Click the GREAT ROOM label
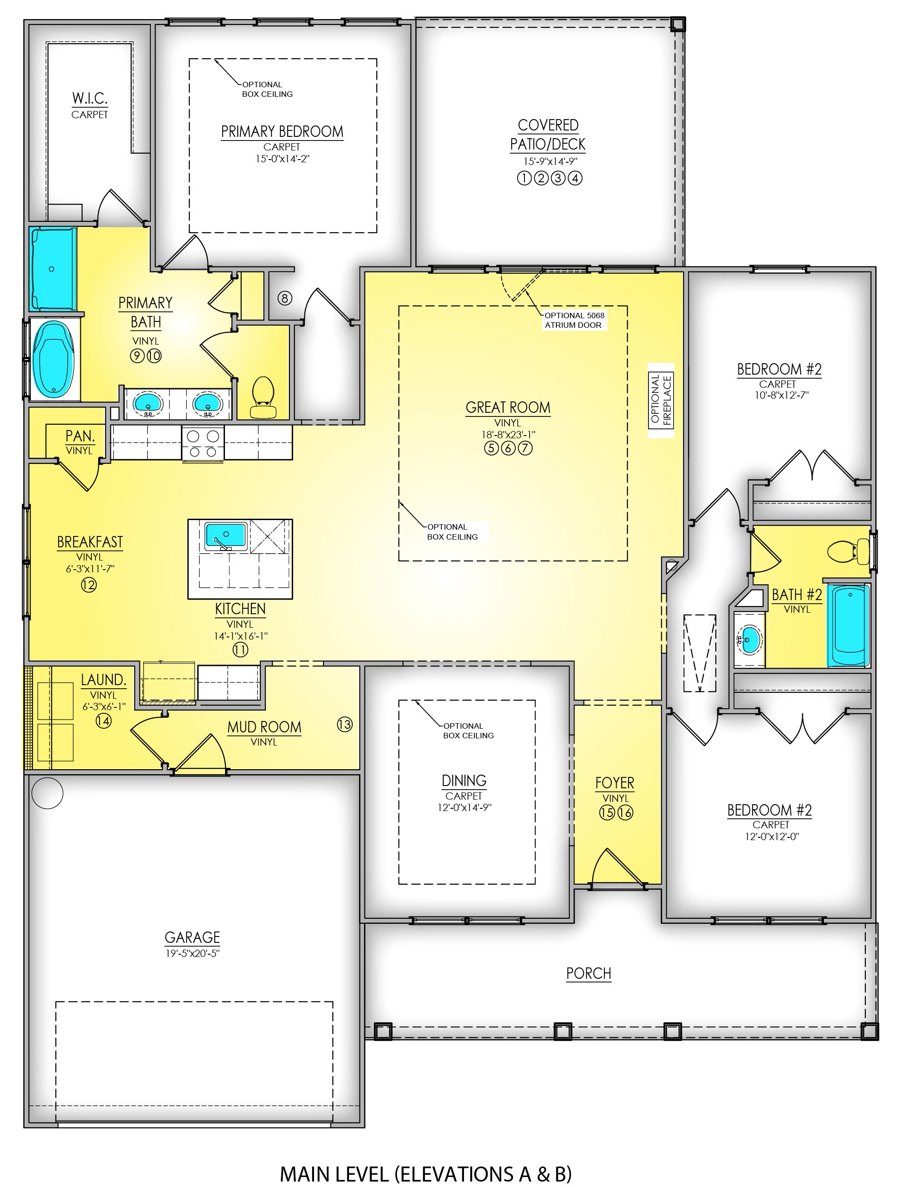(x=508, y=407)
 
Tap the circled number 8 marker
(x=285, y=298)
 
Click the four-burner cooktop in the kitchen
(x=203, y=443)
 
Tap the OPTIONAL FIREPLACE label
(x=660, y=399)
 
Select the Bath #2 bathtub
(x=848, y=625)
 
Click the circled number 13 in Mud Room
(x=344, y=725)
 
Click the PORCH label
(x=589, y=973)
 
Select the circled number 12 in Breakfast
(x=89, y=585)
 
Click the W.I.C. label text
(x=90, y=99)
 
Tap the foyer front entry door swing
(x=617, y=866)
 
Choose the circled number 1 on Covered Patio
(x=524, y=178)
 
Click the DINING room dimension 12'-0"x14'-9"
(x=464, y=807)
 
